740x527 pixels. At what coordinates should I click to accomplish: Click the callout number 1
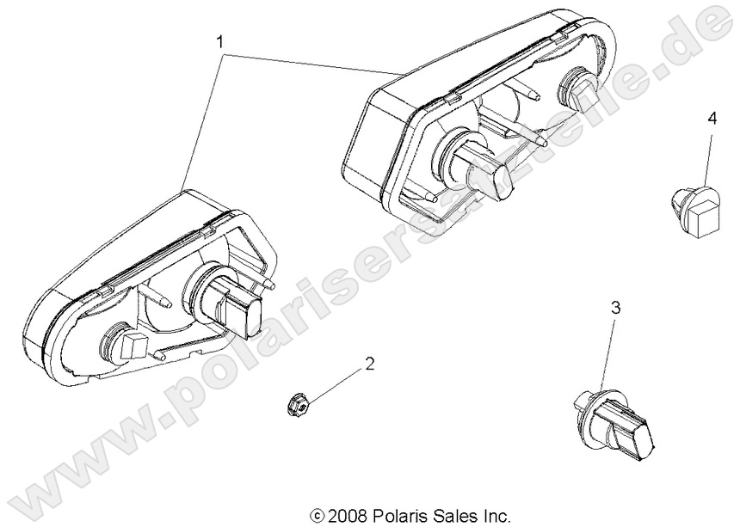(221, 40)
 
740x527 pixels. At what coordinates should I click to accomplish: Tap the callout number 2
(370, 364)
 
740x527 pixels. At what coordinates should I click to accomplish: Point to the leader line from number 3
(609, 352)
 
